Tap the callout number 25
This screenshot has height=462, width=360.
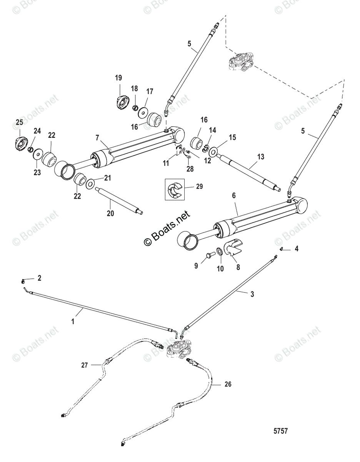pyautogui.click(x=19, y=122)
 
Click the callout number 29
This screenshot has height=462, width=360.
pyautogui.click(x=199, y=187)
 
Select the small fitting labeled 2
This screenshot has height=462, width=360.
pyautogui.click(x=24, y=280)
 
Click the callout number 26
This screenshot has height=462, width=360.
pyautogui.click(x=228, y=384)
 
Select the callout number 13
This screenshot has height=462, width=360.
pyautogui.click(x=261, y=157)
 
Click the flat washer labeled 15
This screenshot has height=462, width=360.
pyautogui.click(x=212, y=149)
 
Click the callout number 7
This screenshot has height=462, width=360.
pyautogui.click(x=97, y=137)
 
